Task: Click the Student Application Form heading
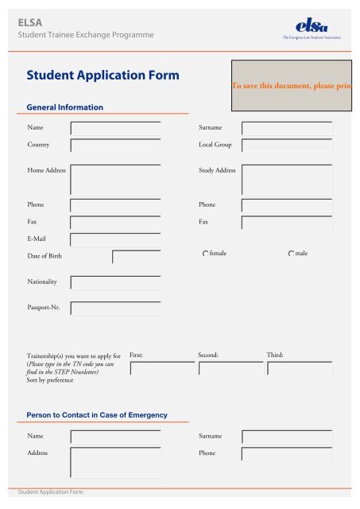pos(103,76)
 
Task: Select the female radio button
pos(205,253)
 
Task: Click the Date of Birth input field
pos(136,256)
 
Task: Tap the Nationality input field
pos(115,282)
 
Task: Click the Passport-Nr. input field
pos(115,308)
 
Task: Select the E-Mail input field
pos(115,239)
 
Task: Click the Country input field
pos(115,146)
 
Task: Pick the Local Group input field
pos(287,146)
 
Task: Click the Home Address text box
pos(115,179)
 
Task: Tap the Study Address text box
pos(287,179)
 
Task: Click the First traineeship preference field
pos(161,369)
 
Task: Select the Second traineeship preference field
pos(230,369)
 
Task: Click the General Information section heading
pos(64,107)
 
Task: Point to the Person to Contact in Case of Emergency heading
pos(96,415)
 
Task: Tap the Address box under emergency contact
pos(115,464)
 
